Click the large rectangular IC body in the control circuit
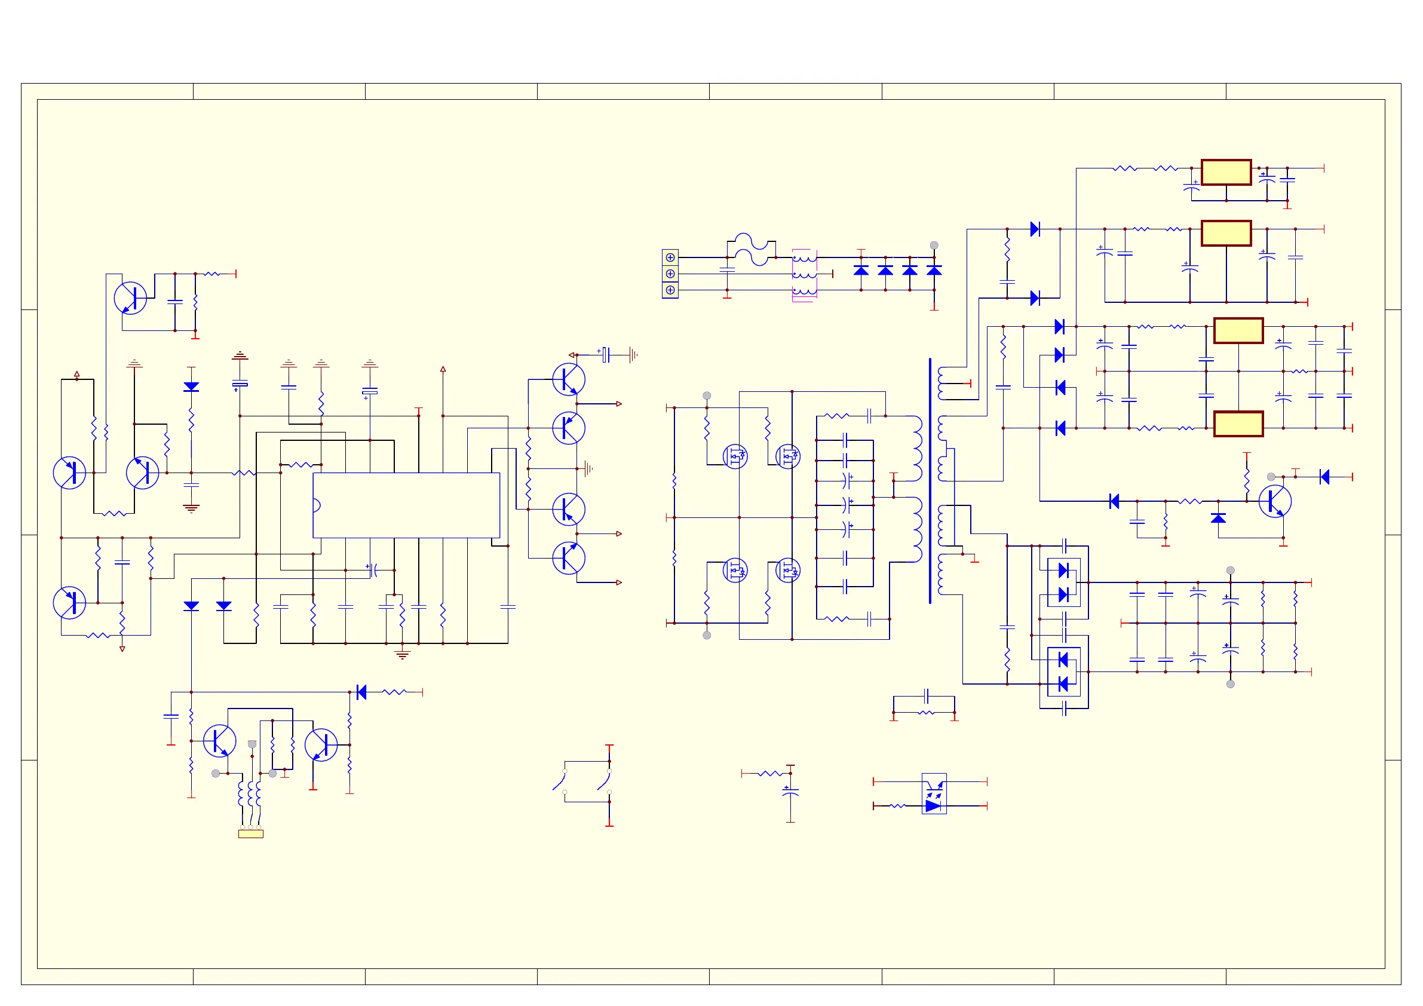tap(406, 505)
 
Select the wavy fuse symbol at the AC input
tap(751, 249)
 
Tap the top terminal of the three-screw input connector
tap(670, 257)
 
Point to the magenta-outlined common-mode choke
tap(804, 275)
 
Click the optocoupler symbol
tap(933, 793)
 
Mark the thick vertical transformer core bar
tap(930, 480)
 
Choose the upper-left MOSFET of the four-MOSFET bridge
tap(735, 457)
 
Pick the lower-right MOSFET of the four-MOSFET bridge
tap(788, 571)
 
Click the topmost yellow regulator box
tap(1226, 172)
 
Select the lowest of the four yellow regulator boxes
tap(1238, 424)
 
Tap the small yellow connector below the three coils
tap(250, 834)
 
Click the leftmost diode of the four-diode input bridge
tap(861, 270)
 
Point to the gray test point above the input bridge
tap(934, 246)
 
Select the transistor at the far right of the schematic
tap(1275, 501)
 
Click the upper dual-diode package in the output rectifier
tap(1063, 582)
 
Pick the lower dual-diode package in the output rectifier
tap(1063, 672)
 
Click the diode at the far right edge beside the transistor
tap(1324, 477)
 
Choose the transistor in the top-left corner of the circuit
tap(130, 298)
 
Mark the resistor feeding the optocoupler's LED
tap(897, 806)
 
